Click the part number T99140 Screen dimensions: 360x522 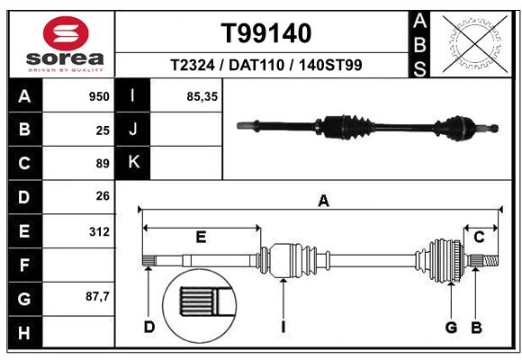266,33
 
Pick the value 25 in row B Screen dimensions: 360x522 102,130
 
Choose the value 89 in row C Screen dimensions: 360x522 102,164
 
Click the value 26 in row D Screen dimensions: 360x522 102,196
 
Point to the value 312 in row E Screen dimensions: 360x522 99,231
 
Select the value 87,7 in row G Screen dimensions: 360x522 97,298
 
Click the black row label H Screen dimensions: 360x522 23,333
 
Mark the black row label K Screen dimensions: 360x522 133,163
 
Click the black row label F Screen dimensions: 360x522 23,265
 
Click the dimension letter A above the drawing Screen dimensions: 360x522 322,202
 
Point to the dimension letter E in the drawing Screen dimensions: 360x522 201,237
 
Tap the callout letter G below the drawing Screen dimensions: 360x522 452,327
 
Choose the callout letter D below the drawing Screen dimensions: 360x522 149,327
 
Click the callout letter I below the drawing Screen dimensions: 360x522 283,327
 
